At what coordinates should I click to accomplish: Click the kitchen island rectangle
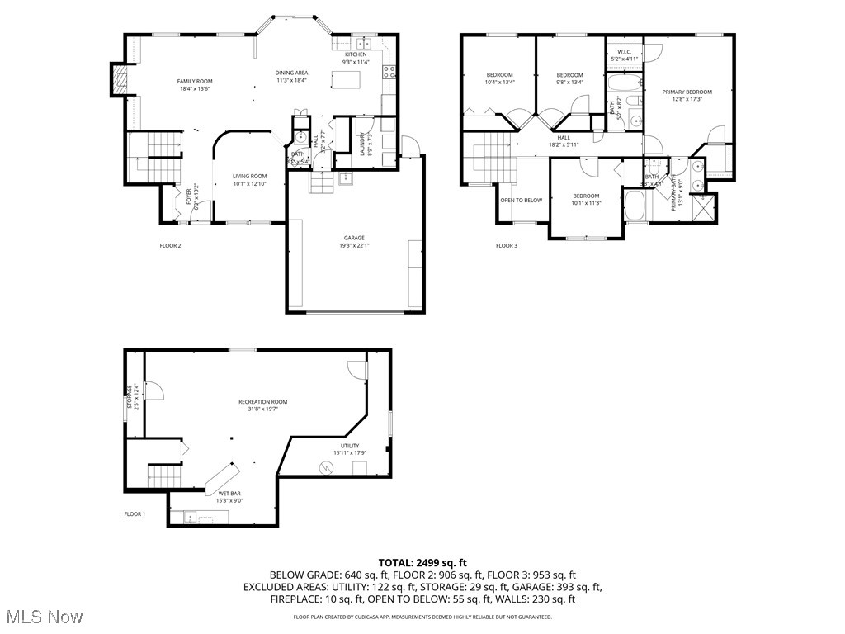point(347,79)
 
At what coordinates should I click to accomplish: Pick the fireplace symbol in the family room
point(120,81)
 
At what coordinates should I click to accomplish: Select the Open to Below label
point(522,200)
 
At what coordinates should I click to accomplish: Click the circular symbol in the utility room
point(327,468)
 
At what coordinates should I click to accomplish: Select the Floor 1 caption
point(135,514)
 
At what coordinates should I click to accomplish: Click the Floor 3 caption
point(507,245)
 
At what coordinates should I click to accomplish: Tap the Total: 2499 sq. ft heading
point(422,562)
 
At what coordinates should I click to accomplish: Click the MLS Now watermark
point(43,617)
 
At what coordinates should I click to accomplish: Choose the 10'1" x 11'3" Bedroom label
point(587,199)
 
